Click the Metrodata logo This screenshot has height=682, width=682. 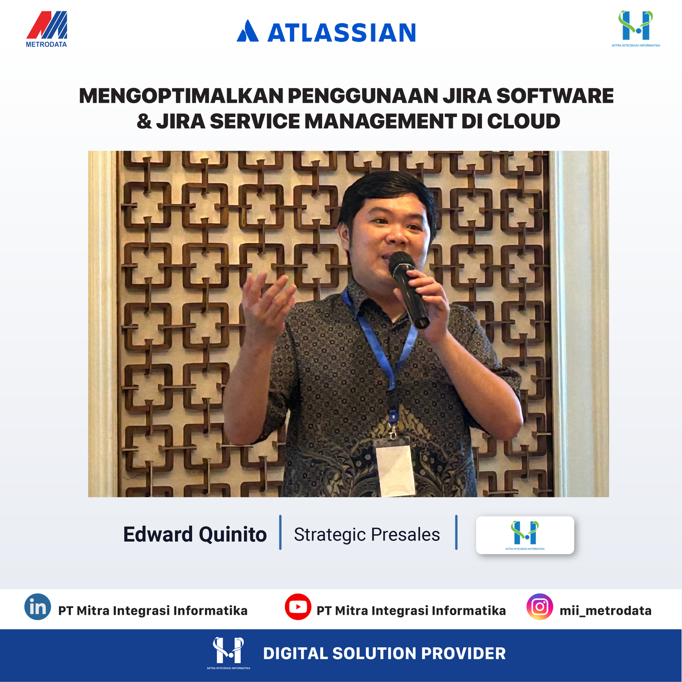click(x=46, y=29)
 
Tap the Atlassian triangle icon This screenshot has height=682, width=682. click(x=248, y=31)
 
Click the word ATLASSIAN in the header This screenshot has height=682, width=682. click(x=342, y=33)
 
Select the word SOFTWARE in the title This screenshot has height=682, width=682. click(x=555, y=96)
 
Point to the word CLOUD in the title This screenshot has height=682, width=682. click(x=523, y=121)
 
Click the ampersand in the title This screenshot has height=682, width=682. click(x=144, y=121)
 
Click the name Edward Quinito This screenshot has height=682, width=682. click(x=195, y=534)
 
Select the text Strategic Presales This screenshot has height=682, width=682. click(x=367, y=535)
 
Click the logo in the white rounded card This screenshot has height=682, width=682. click(x=525, y=535)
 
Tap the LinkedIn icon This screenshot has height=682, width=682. click(x=38, y=607)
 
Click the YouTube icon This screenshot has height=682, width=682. click(x=298, y=607)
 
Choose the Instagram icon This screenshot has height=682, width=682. click(x=540, y=607)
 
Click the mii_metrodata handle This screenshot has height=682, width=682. click(x=605, y=611)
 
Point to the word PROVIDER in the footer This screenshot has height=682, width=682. click(x=463, y=653)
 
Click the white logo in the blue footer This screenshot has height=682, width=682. click(x=229, y=653)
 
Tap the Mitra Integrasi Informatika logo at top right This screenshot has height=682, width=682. click(x=636, y=29)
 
